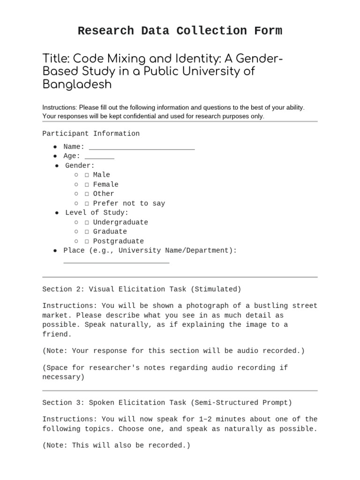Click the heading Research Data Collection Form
coord(180,31)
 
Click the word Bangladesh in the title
coord(77,85)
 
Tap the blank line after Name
coord(142,148)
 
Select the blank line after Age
coord(99,157)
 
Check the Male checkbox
coord(87,175)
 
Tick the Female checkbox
coord(87,185)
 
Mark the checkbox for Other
coord(87,194)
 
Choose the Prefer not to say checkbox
coord(87,203)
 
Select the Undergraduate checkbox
coord(87,223)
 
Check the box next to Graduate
coord(87,232)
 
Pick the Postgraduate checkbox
coord(87,241)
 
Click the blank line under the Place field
coord(116,262)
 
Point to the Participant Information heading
coord(91,134)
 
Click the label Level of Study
coord(97,213)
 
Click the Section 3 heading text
coord(167,403)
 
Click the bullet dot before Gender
coord(57,165)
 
